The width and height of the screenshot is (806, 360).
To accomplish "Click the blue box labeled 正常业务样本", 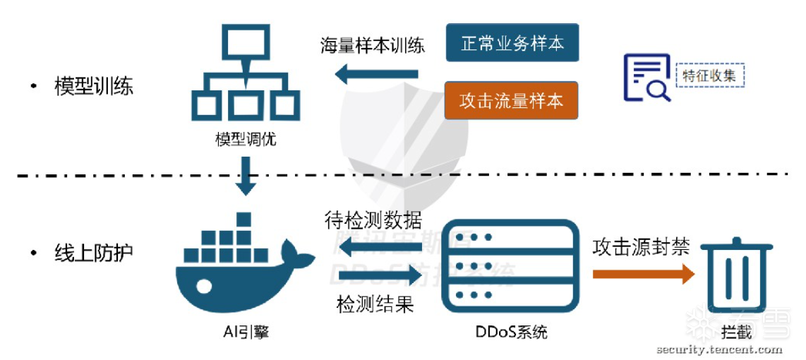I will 512,43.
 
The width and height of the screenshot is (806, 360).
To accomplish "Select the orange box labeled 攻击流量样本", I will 512,100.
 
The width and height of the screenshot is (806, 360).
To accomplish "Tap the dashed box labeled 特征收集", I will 710,75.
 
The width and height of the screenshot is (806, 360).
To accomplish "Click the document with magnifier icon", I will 645,76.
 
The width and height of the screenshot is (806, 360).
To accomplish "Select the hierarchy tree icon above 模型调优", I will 244,73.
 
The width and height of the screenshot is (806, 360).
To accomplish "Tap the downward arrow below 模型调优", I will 245,175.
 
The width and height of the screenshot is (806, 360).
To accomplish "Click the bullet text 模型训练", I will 94,87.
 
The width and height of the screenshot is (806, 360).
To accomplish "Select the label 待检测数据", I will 373,220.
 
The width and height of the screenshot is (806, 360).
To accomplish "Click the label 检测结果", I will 375,304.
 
